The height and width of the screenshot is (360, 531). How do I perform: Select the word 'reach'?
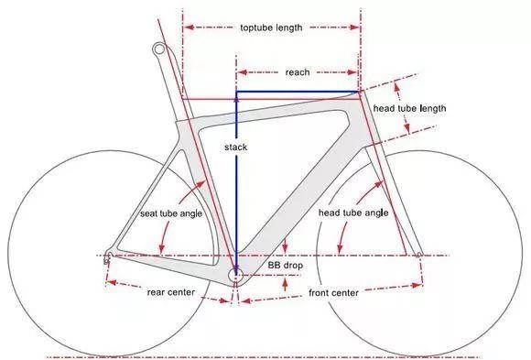point(298,71)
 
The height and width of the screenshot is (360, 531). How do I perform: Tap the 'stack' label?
point(236,147)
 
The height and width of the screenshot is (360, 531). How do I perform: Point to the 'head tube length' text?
point(409,109)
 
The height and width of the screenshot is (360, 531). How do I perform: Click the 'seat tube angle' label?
point(172,213)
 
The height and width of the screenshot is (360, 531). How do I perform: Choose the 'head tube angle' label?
point(353,213)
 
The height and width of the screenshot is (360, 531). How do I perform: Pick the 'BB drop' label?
point(285,265)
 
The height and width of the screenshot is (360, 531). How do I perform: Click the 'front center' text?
point(333,292)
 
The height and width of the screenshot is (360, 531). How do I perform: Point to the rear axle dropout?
point(108,257)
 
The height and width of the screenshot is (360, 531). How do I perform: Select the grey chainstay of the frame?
point(169,264)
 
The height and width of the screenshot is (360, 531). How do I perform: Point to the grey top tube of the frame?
point(275,105)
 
